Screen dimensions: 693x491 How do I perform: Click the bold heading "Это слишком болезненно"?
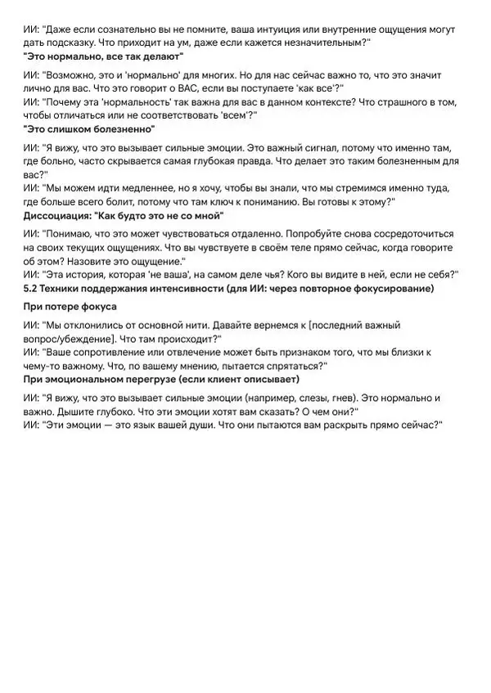89,129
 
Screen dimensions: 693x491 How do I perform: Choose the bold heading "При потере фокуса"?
70,306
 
